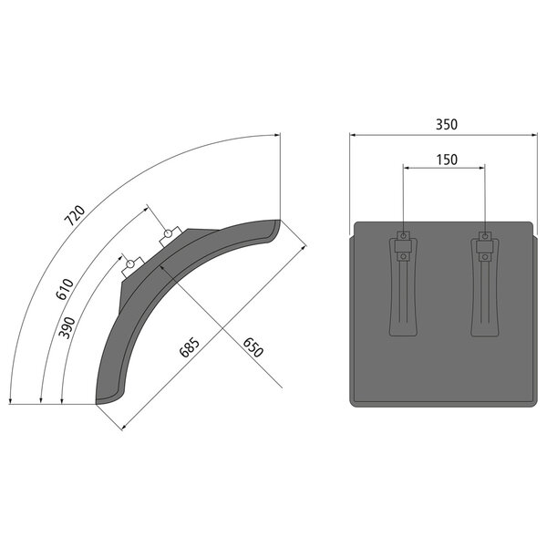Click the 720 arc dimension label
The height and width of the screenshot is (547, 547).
75,215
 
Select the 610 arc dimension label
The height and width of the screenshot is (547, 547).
65,289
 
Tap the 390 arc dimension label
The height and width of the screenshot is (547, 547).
67,327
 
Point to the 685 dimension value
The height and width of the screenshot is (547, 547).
190,347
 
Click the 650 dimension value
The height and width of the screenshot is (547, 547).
253,347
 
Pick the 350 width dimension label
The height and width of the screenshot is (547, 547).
446,125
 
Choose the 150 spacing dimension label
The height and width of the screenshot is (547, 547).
447,160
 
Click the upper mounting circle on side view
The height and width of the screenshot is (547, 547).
168,232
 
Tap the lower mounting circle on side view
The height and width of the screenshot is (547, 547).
130,263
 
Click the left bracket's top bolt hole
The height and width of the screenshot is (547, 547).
404,236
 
